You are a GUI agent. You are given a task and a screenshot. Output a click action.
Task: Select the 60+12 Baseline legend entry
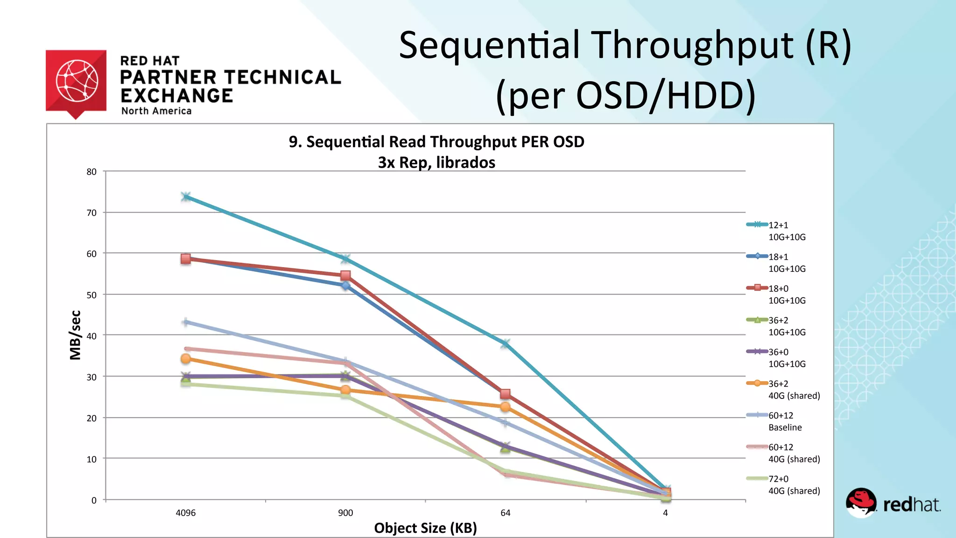tap(784, 421)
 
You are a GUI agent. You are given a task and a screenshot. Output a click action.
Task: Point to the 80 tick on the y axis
tap(91, 172)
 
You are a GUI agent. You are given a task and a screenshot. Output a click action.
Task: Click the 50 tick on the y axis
tap(91, 295)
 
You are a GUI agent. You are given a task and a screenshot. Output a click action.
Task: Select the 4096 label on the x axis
tap(185, 513)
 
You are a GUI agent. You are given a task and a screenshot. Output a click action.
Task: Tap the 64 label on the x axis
tap(506, 513)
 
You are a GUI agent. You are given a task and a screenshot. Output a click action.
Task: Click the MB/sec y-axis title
tap(75, 335)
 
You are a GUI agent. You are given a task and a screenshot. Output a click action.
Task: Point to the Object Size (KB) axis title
tap(425, 528)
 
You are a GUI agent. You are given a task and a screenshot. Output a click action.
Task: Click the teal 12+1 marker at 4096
tap(186, 197)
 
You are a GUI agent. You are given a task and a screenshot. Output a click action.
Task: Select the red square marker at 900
tap(345, 276)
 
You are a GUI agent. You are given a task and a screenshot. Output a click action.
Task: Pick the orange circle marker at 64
tap(505, 407)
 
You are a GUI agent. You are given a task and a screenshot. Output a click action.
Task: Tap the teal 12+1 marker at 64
tap(505, 344)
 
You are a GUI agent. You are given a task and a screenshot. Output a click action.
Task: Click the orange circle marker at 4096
tap(185, 359)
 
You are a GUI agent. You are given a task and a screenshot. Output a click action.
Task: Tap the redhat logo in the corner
tap(893, 503)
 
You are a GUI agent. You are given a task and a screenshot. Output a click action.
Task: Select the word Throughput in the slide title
tap(694, 45)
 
